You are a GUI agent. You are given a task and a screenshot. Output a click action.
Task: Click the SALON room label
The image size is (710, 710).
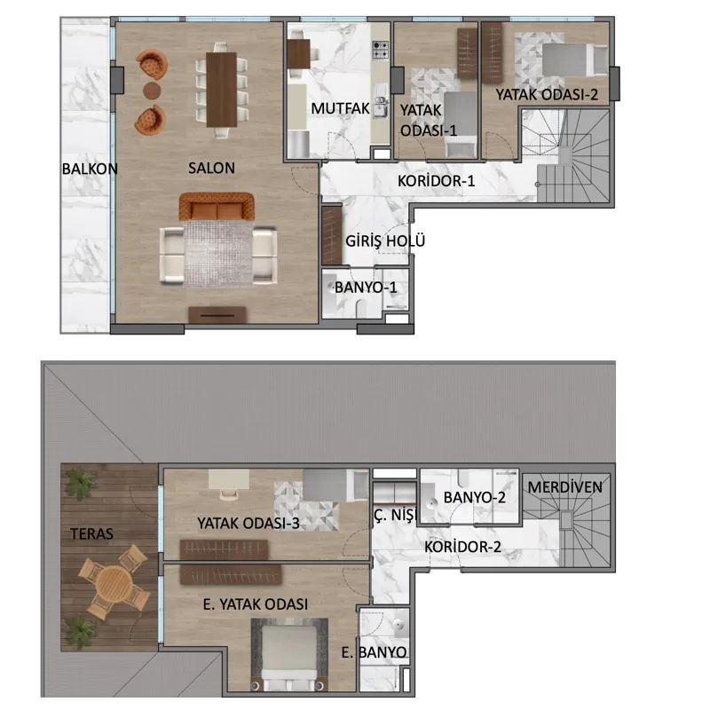211,168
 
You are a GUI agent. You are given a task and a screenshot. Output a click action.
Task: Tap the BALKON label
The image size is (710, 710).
90,169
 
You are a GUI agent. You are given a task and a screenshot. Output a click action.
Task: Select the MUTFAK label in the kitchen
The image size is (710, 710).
340,108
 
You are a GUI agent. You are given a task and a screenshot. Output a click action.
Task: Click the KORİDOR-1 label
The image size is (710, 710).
436,181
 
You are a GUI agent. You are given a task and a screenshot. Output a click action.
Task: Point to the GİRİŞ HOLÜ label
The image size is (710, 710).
385,241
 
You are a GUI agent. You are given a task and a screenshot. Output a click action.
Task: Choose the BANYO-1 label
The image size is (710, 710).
366,287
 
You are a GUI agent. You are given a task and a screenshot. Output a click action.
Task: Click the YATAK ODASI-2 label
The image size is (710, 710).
547,95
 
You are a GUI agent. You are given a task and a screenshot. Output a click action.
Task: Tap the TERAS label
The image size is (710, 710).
91,534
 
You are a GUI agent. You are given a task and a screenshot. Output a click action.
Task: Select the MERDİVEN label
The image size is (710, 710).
565,487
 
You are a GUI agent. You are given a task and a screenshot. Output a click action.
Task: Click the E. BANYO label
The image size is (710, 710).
374,652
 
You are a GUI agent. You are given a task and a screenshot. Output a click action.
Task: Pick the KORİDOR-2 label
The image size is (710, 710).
462,547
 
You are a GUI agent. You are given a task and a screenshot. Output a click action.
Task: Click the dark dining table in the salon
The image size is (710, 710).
221,90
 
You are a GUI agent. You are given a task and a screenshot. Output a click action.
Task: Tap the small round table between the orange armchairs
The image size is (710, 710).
152,91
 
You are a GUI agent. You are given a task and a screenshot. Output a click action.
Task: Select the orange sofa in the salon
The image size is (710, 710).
217,207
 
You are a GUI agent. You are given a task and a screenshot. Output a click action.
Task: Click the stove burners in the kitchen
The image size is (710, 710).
381,50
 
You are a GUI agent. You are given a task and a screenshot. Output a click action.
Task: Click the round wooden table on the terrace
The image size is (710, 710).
114,583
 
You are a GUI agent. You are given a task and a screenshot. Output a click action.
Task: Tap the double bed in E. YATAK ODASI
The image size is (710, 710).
289,654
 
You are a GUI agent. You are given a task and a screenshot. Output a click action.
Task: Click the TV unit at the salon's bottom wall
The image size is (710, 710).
217,315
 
